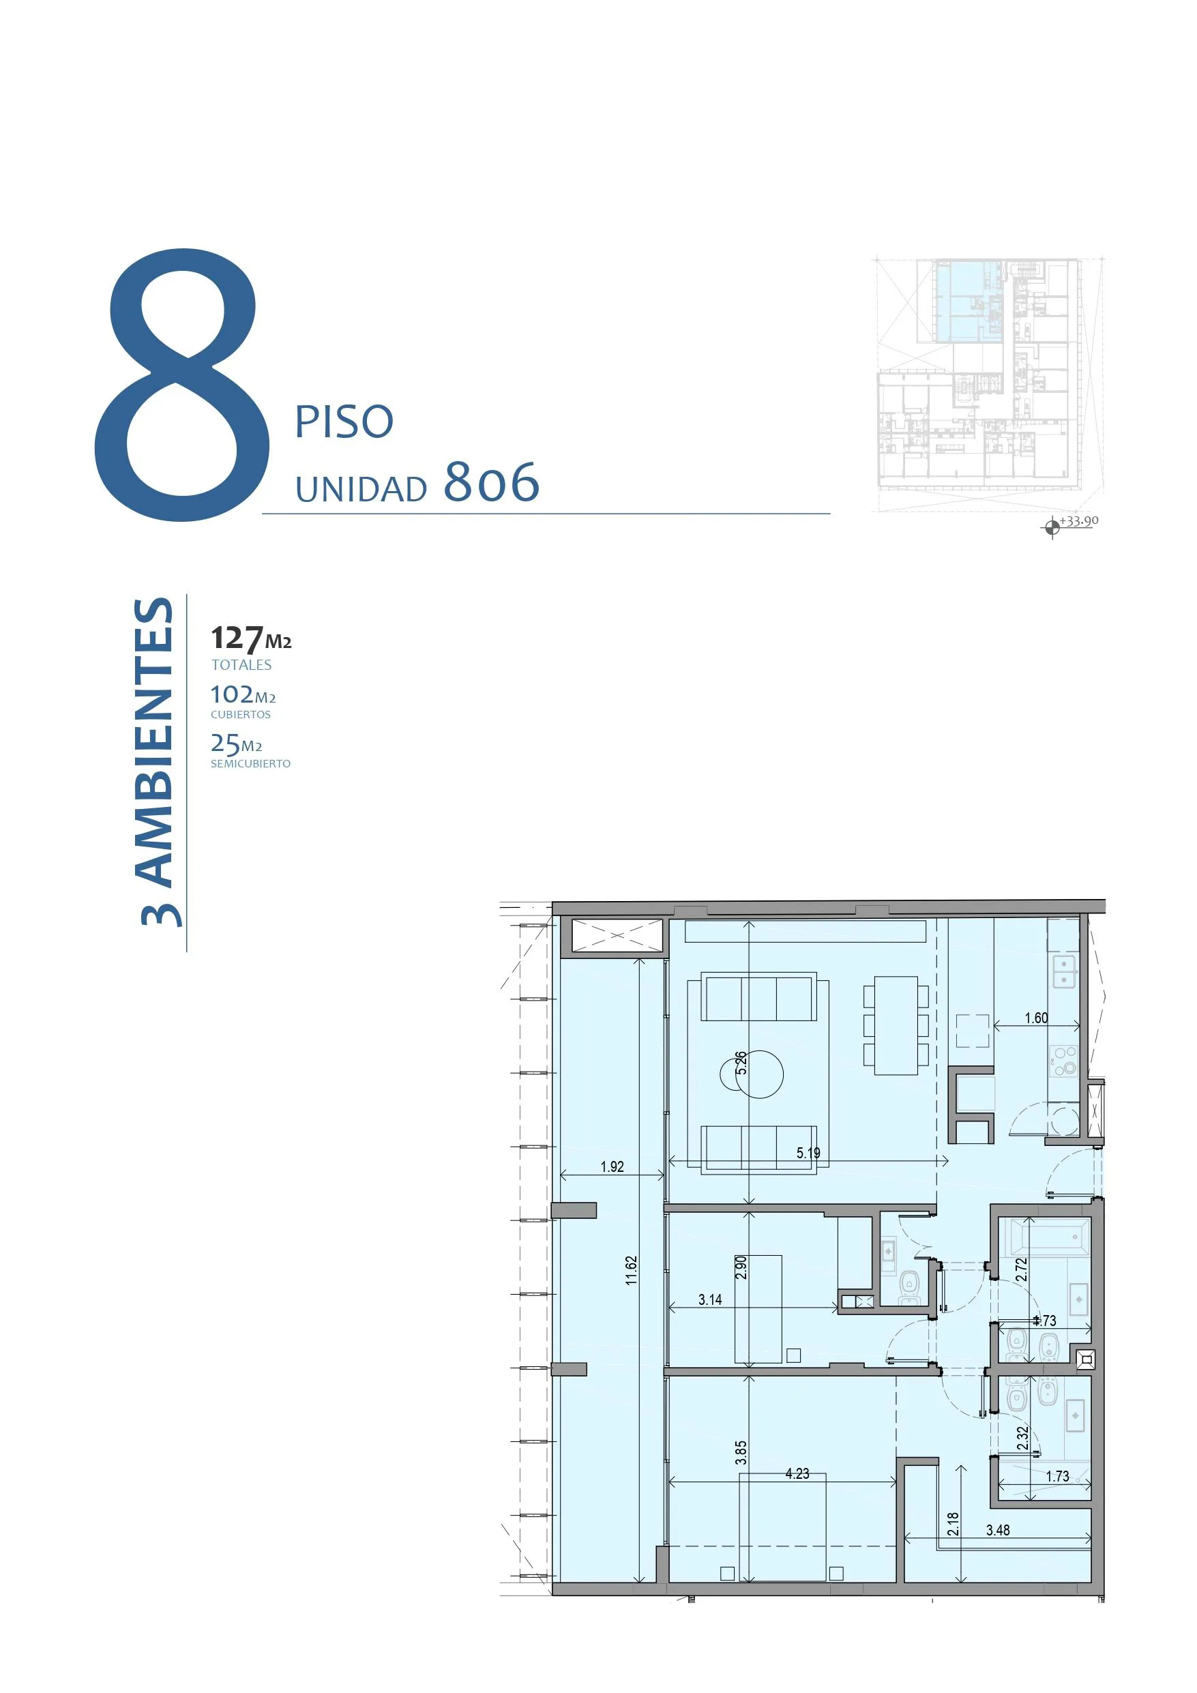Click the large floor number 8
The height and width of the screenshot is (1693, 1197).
point(182,385)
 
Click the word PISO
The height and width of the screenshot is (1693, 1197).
point(344,422)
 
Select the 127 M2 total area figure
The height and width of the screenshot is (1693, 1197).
point(251,638)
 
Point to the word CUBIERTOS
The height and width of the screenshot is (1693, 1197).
point(241,714)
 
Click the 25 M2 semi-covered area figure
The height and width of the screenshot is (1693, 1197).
point(236,744)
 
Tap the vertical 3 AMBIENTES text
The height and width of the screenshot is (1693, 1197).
point(157,762)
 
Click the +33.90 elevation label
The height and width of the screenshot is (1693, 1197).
point(1079,520)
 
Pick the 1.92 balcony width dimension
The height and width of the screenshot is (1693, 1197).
point(612,1166)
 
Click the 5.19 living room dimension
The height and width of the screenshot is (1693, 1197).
point(808,1153)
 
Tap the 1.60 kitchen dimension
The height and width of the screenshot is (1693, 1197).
point(1036,1018)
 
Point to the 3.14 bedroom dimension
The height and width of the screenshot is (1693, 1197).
point(710,1300)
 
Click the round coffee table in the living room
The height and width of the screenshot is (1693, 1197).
point(752,1074)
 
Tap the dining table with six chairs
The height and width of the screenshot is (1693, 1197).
point(896,1026)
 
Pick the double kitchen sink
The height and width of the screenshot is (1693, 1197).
point(1064,973)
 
